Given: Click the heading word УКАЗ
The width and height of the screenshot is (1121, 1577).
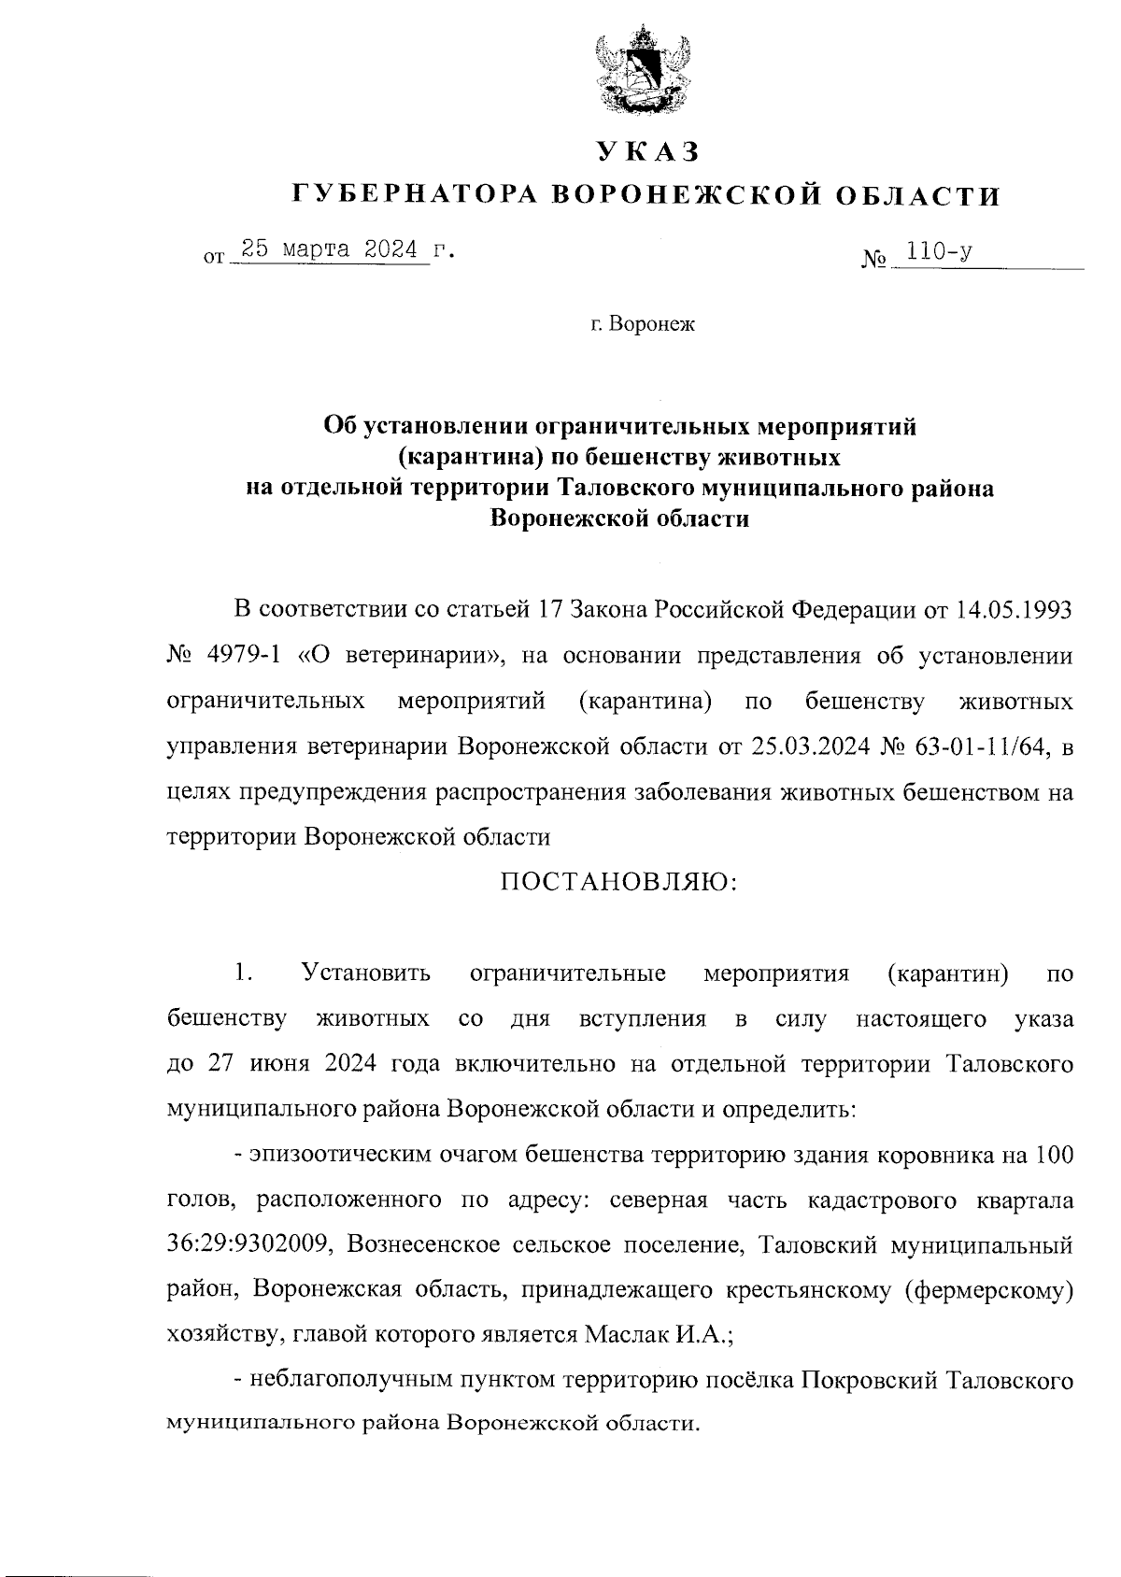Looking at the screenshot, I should pyautogui.click(x=646, y=151).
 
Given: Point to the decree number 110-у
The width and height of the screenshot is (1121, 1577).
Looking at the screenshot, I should pyautogui.click(x=944, y=252).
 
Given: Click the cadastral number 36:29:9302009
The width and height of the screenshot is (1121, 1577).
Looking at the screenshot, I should pyautogui.click(x=246, y=1245).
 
